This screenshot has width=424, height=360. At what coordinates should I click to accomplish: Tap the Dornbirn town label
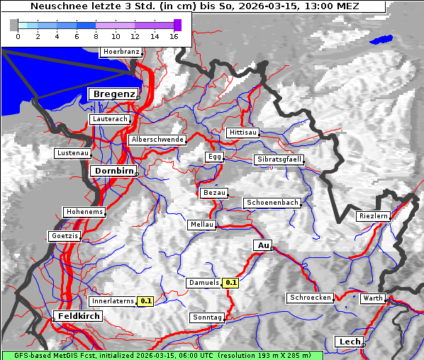113,171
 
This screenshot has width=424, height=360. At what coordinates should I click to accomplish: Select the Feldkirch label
79,315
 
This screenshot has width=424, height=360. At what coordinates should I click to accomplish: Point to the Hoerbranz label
121,52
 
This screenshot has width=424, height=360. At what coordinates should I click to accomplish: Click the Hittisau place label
243,133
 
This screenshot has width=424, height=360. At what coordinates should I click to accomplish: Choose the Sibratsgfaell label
279,159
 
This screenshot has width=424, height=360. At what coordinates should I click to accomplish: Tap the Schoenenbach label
272,203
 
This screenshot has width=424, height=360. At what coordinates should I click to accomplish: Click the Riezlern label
373,215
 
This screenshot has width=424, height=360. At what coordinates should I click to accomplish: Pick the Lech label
350,342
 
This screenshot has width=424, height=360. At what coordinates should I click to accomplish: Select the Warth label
372,298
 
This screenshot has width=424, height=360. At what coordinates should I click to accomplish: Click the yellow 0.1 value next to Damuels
231,283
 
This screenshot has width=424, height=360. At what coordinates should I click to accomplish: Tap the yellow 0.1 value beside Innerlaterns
145,301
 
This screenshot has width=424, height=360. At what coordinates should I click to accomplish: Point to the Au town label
262,245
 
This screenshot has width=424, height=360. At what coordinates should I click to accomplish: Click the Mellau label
201,224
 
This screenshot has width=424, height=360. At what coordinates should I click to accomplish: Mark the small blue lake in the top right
381,40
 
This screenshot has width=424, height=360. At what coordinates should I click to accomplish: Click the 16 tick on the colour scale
174,36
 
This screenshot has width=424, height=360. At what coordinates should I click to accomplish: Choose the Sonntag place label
207,317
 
